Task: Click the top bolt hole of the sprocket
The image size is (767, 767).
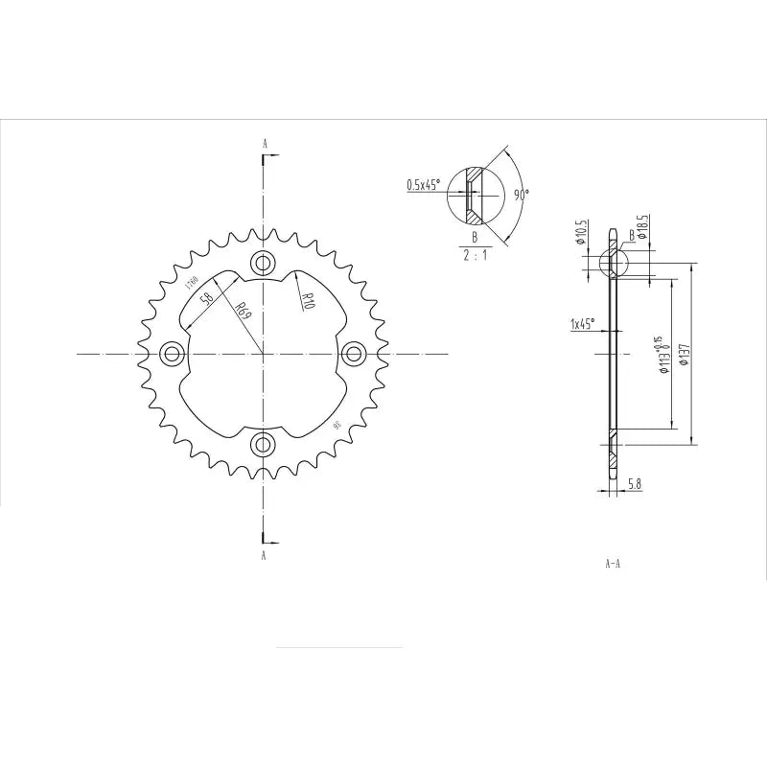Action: [x=263, y=264]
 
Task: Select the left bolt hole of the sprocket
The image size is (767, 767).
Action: [x=173, y=354]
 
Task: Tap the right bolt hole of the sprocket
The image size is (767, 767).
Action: [x=353, y=354]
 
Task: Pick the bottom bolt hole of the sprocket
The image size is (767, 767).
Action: [x=263, y=444]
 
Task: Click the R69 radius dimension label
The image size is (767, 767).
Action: [x=244, y=311]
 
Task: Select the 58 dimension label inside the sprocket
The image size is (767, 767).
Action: [x=207, y=298]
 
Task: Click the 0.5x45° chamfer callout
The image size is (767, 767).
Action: [x=422, y=185]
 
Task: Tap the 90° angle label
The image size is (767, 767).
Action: [x=521, y=194]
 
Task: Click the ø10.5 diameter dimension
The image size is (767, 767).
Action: [x=581, y=232]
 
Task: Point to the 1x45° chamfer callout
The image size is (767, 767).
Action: [x=582, y=324]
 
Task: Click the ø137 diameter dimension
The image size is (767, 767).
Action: [x=683, y=355]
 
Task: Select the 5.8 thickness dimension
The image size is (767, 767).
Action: [x=634, y=485]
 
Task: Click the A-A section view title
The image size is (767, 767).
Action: [x=613, y=564]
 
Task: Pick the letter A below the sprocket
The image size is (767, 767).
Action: [x=264, y=554]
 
